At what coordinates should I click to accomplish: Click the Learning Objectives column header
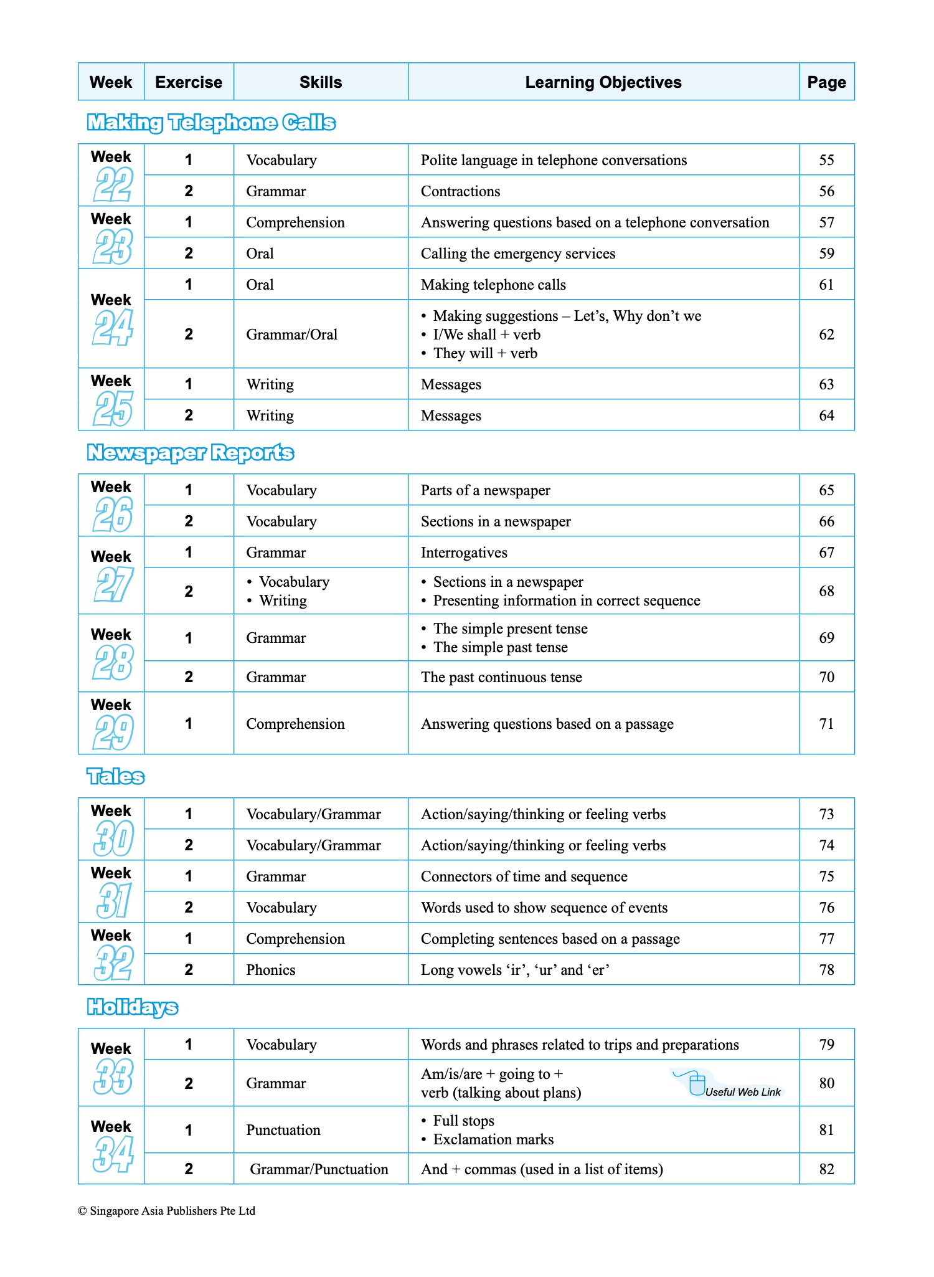pos(603,82)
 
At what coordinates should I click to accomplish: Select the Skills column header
pos(321,82)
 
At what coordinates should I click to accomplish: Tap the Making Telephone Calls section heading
pos(211,123)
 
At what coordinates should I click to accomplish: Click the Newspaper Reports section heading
pos(190,453)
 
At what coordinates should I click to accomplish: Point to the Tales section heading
pos(115,777)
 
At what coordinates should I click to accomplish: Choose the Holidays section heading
pos(132,1007)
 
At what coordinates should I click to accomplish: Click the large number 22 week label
pos(113,185)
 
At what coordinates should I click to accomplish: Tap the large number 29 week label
pos(113,733)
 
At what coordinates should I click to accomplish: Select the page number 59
pos(826,254)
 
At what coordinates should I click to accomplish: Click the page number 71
pos(826,724)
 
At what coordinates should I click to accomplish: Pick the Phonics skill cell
pos(270,970)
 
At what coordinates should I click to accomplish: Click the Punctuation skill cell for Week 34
pos(283,1130)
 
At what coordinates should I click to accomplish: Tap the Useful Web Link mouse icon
pos(697,1085)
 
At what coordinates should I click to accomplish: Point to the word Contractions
pos(460,191)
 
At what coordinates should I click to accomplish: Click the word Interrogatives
pos(464,553)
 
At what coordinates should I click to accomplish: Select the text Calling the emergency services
pos(517,254)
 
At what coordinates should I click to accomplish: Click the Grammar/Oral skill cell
pos(291,335)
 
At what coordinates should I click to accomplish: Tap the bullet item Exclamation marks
pos(493,1139)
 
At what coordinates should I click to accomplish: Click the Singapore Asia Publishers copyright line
pos(167,1211)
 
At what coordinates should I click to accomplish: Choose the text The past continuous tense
pos(501,677)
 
